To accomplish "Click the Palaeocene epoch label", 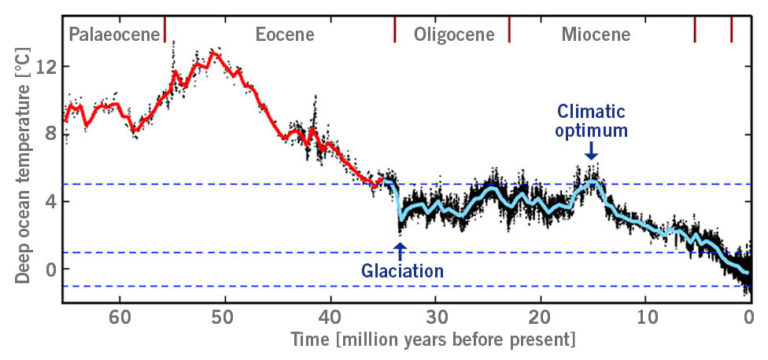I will pyautogui.click(x=114, y=35).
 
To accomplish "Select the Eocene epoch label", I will pyautogui.click(x=284, y=35).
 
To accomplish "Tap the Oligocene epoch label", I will pyautogui.click(x=453, y=35).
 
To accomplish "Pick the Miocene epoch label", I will pyautogui.click(x=595, y=35).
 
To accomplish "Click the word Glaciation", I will pyautogui.click(x=401, y=270).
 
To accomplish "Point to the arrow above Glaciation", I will pyautogui.click(x=400, y=249).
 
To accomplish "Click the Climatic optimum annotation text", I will pyautogui.click(x=592, y=119).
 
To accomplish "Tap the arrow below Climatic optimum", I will pyautogui.click(x=592, y=150).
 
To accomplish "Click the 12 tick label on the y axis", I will pyautogui.click(x=44, y=67).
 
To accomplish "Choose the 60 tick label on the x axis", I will pyautogui.click(x=120, y=320).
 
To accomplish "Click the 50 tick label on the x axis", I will pyautogui.click(x=225, y=320).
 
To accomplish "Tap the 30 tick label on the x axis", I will pyautogui.click(x=435, y=320).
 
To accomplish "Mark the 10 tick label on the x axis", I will pyautogui.click(x=645, y=320).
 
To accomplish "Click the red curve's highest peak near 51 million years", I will pyautogui.click(x=212, y=51).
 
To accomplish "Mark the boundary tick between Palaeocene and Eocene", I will pyautogui.click(x=165, y=27).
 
